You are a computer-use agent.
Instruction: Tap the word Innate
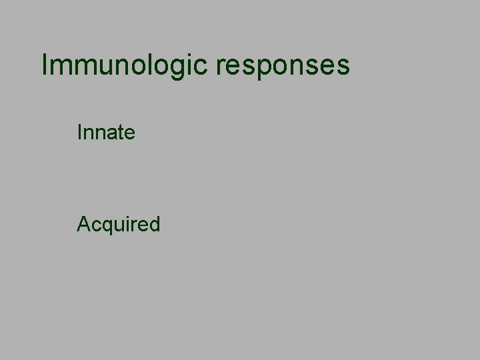click(x=107, y=133)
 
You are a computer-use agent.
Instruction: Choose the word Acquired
click(x=119, y=225)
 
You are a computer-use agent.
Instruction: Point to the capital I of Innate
click(x=80, y=133)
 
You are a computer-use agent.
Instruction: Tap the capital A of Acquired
click(x=83, y=225)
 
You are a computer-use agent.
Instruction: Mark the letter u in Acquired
click(x=115, y=226)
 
